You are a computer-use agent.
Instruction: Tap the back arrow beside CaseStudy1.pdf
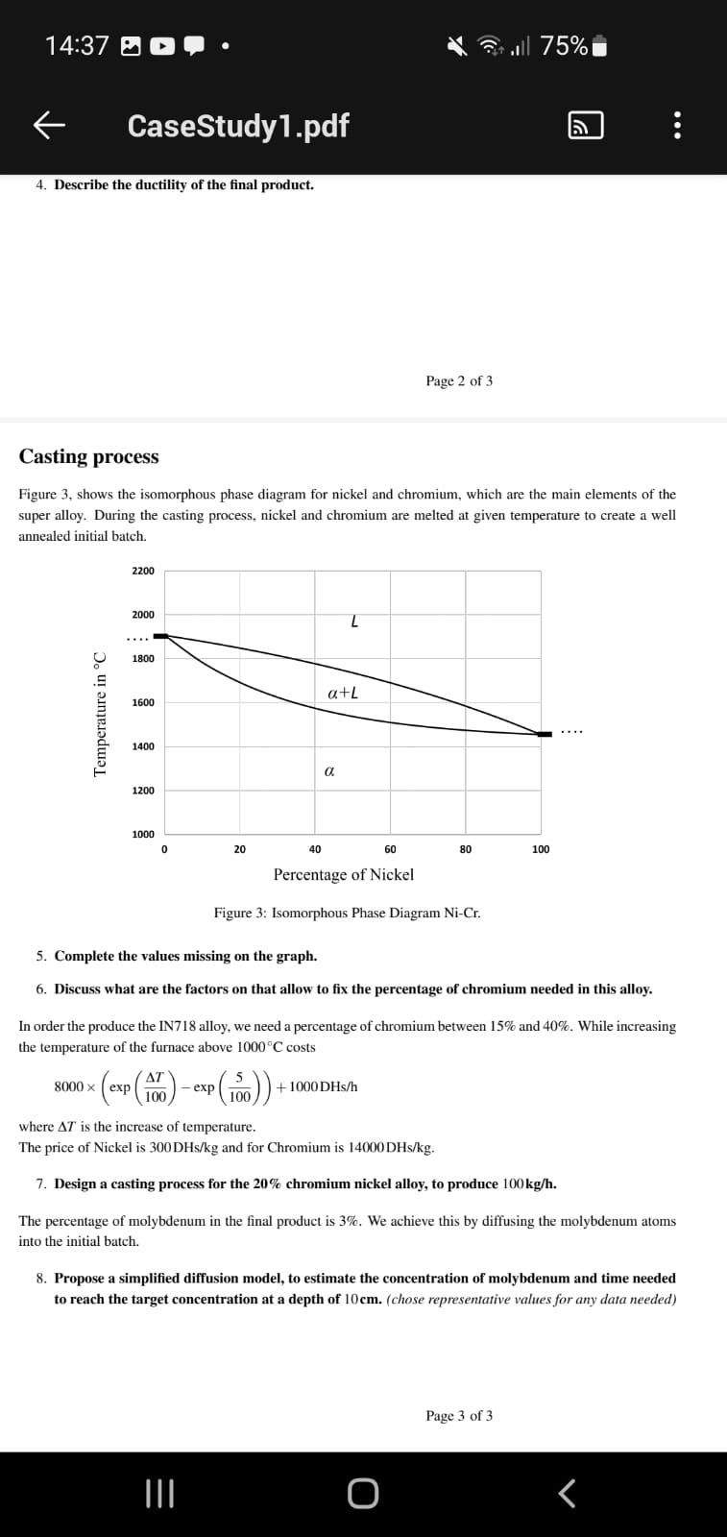pyautogui.click(x=50, y=125)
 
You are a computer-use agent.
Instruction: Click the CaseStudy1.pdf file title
pyautogui.click(x=237, y=125)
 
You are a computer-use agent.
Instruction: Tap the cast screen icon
pyautogui.click(x=586, y=126)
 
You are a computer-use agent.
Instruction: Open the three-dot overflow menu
pyautogui.click(x=678, y=126)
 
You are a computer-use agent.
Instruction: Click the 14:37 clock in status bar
pyautogui.click(x=77, y=45)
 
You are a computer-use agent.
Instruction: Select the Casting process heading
pyautogui.click(x=88, y=456)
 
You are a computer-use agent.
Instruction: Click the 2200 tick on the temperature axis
pyautogui.click(x=143, y=571)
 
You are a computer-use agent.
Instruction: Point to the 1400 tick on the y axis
pyautogui.click(x=143, y=746)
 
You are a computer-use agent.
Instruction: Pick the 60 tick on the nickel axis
pyautogui.click(x=390, y=849)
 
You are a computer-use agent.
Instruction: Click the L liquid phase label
pyautogui.click(x=354, y=622)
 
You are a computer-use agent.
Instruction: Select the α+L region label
pyautogui.click(x=343, y=693)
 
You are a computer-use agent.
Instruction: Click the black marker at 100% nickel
pyautogui.click(x=545, y=734)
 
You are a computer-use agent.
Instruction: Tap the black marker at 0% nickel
pyautogui.click(x=160, y=636)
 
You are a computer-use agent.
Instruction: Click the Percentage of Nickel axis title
pyautogui.click(x=343, y=874)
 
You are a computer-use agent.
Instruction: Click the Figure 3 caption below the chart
pyautogui.click(x=347, y=913)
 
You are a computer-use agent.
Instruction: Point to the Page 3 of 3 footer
pyautogui.click(x=459, y=1415)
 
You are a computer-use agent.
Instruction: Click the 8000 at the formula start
pyautogui.click(x=68, y=1086)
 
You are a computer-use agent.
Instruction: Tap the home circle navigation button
pyautogui.click(x=363, y=1494)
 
